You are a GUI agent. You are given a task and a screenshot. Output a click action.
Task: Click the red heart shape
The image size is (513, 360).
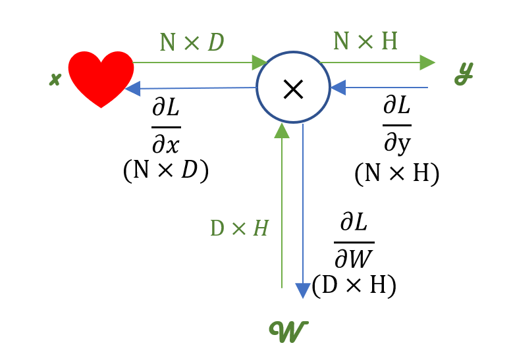(x=101, y=76)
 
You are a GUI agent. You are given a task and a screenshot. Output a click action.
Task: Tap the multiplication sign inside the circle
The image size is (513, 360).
(x=292, y=88)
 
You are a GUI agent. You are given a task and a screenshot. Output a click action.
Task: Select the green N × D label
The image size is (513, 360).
(x=192, y=43)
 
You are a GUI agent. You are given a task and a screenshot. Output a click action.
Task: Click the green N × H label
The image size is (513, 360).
(x=365, y=41)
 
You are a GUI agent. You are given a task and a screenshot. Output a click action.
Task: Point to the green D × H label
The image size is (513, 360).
(x=239, y=228)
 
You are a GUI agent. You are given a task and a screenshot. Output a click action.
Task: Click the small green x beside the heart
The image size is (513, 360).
(x=55, y=80)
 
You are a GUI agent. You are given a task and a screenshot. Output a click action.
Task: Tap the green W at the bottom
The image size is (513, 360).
(x=288, y=331)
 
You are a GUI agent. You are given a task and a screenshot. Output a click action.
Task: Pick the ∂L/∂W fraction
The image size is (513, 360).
(x=354, y=243)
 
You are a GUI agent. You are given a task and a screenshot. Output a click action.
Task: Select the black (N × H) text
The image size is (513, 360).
(x=396, y=173)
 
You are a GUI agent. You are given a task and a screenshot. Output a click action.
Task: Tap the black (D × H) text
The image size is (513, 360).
(x=354, y=286)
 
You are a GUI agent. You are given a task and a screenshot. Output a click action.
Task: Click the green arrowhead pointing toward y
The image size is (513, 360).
(x=427, y=63)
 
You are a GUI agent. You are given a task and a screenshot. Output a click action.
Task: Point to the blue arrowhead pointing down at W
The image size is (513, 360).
(x=302, y=290)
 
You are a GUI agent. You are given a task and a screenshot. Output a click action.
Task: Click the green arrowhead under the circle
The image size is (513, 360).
(x=282, y=130)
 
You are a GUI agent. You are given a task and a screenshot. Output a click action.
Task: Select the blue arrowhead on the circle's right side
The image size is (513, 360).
(x=338, y=88)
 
